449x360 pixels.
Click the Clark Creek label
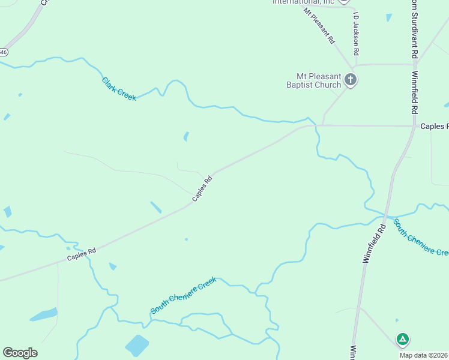(119, 89)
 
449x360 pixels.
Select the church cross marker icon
(351, 79)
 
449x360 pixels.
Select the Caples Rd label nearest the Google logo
(82, 254)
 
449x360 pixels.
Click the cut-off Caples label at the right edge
(434, 126)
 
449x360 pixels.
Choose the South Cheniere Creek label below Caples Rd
(183, 295)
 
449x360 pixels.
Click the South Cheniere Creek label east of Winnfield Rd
(421, 237)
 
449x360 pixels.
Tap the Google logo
(20, 352)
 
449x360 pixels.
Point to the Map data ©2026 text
(424, 355)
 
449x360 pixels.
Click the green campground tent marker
(403, 340)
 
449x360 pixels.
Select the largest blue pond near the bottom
(137, 345)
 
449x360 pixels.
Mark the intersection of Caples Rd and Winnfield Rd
(415, 126)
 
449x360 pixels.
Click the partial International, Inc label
(303, 2)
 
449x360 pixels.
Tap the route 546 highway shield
(2, 52)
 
